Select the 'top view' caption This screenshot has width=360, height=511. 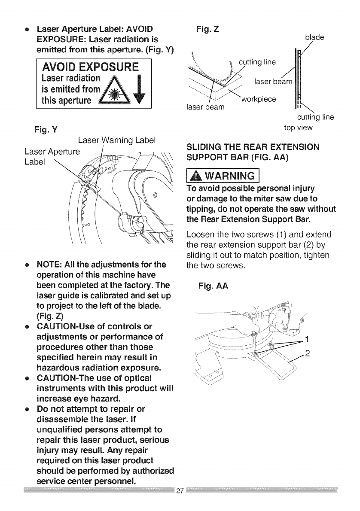(x=299, y=128)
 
